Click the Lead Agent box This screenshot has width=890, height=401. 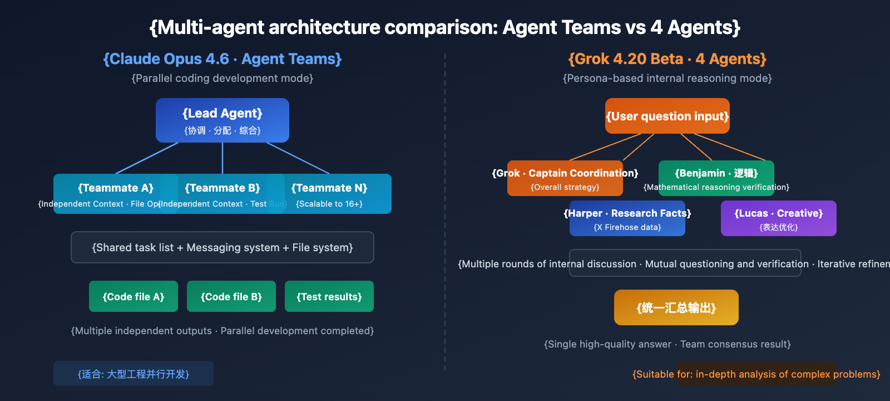click(x=222, y=120)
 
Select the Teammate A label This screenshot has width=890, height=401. click(x=116, y=188)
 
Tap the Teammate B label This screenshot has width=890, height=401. click(x=222, y=188)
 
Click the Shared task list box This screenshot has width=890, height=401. click(x=222, y=247)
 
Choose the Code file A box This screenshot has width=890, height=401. click(x=133, y=296)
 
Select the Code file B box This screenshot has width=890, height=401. click(x=231, y=296)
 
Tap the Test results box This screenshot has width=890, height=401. click(x=329, y=296)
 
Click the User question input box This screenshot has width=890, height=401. click(x=667, y=116)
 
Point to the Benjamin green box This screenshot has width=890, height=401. click(x=716, y=178)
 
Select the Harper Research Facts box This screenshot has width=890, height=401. click(x=627, y=218)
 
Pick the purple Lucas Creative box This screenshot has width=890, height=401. click(x=779, y=218)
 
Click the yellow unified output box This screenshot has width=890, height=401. click(x=676, y=307)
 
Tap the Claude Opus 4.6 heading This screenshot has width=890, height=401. click(x=222, y=59)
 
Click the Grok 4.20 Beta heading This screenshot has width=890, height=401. click(x=667, y=59)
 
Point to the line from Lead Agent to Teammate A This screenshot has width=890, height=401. click(x=147, y=158)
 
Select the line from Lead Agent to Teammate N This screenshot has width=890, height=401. click(x=298, y=158)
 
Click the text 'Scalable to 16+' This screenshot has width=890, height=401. click(x=329, y=204)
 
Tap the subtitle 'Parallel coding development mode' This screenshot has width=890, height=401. click(x=222, y=79)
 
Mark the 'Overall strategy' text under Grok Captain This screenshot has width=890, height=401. click(x=565, y=187)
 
